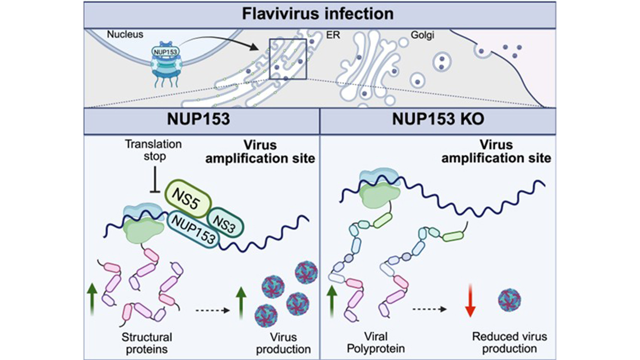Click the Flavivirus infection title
pyautogui.click(x=318, y=13)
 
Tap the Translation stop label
pyautogui.click(x=154, y=150)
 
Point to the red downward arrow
pyautogui.click(x=469, y=302)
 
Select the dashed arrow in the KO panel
pyautogui.click(x=429, y=308)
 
